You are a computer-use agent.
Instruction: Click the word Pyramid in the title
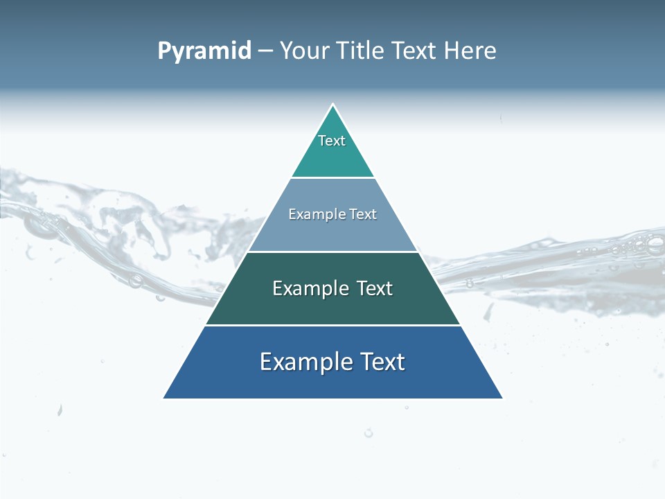click(204, 51)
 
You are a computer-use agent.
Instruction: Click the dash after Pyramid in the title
click(265, 51)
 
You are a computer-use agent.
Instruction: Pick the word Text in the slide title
click(416, 51)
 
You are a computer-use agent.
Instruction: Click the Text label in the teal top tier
click(332, 141)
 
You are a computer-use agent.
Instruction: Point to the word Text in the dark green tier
click(375, 288)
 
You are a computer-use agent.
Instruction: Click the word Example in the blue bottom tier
click(305, 362)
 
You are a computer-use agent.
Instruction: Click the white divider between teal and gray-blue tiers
click(332, 178)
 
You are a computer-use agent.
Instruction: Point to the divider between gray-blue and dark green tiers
click(332, 252)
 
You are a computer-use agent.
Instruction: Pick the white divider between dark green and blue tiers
click(332, 325)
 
